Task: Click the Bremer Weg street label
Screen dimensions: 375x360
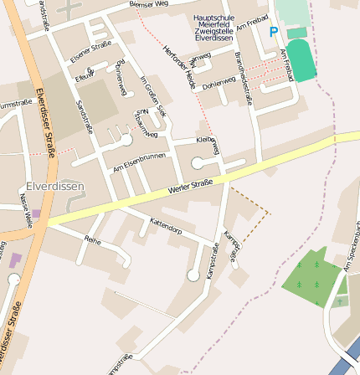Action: tap(148, 6)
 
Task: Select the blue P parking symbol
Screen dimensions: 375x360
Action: tap(273, 32)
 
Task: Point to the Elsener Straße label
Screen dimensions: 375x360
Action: tap(90, 53)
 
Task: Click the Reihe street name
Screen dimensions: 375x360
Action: tap(92, 239)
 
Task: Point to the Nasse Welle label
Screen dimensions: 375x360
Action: tap(25, 210)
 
